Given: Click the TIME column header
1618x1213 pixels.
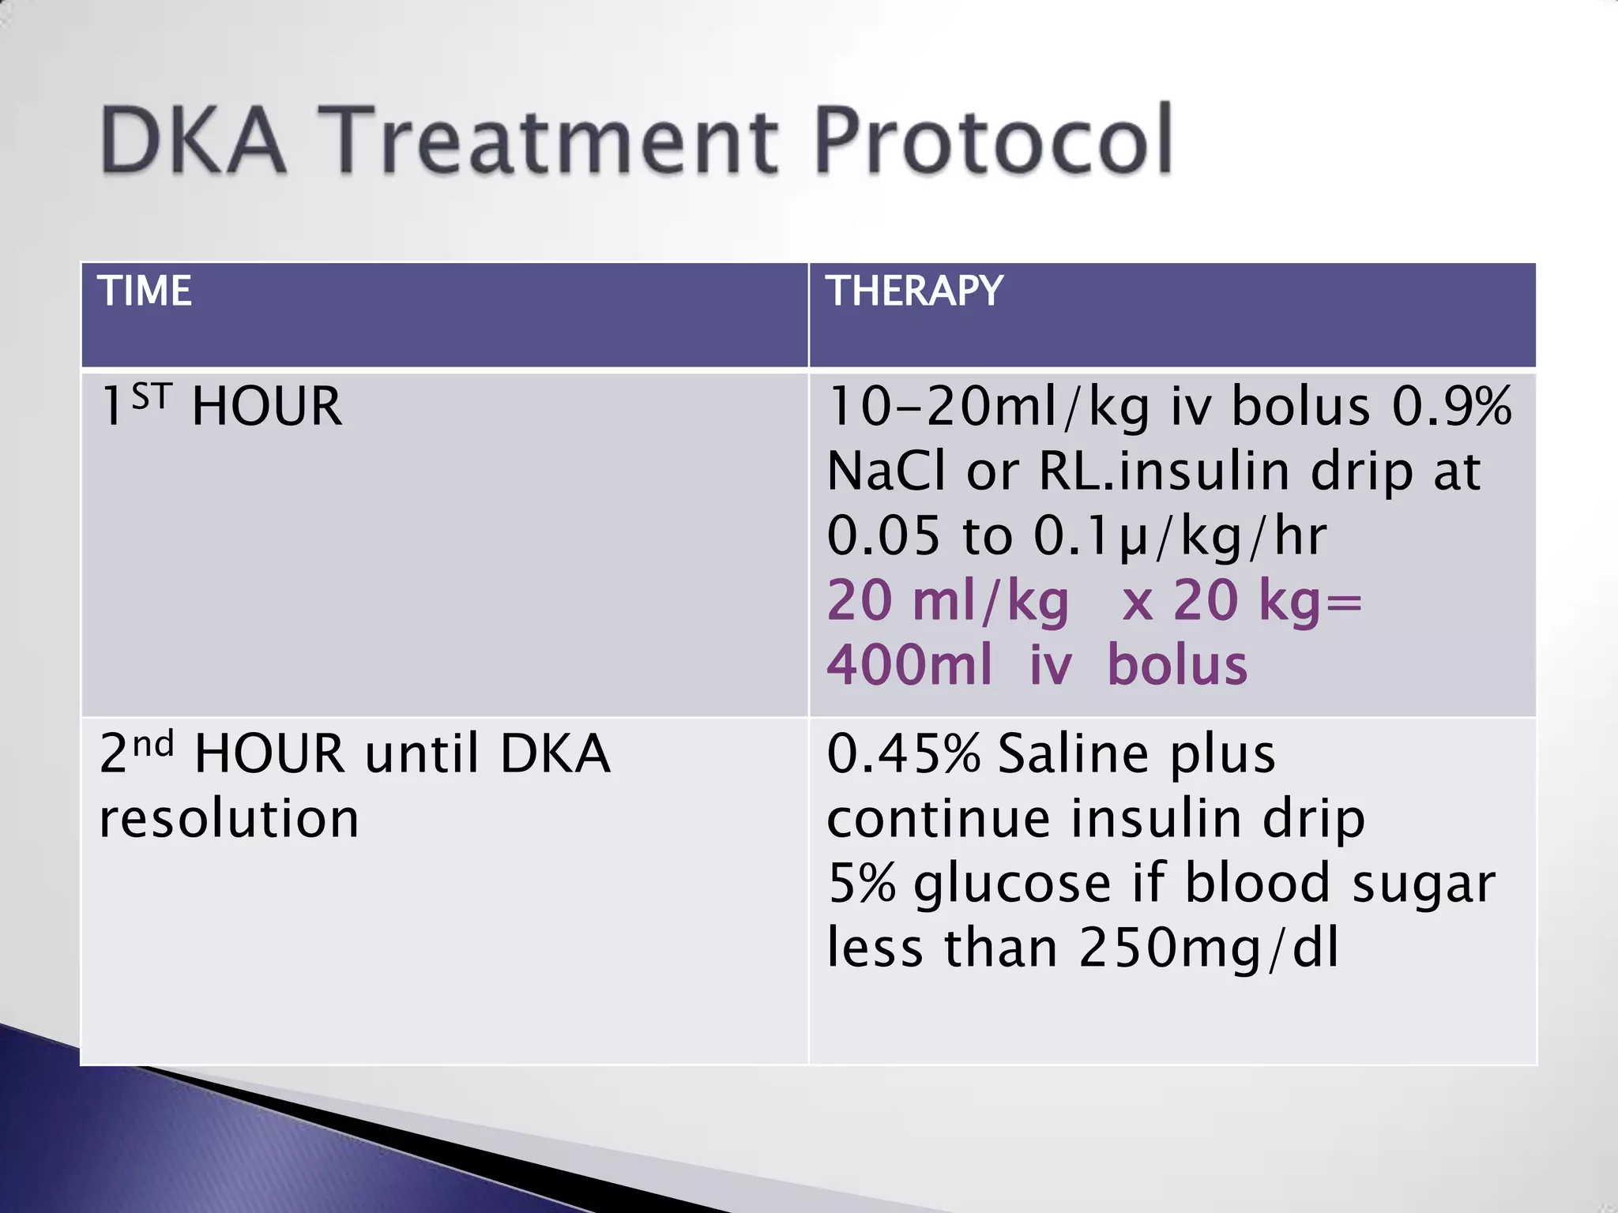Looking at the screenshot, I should point(145,291).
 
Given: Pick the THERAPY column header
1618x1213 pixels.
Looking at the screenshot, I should point(914,291).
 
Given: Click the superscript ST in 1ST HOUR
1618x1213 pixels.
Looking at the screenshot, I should point(151,396).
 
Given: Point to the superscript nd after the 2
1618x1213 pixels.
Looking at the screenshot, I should point(152,744).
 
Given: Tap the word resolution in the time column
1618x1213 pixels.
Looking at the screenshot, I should point(229,818).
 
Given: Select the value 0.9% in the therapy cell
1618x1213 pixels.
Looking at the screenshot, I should point(1451,407).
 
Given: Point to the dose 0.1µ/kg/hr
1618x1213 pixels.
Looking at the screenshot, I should point(1180,536).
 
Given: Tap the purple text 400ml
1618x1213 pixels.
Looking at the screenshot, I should point(909,665).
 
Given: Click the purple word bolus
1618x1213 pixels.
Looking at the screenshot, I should point(1177,665).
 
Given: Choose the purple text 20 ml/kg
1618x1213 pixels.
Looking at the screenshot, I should point(948,602).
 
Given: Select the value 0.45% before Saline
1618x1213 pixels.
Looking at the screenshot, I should point(903,753).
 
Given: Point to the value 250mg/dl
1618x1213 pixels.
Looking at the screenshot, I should point(1209,948).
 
